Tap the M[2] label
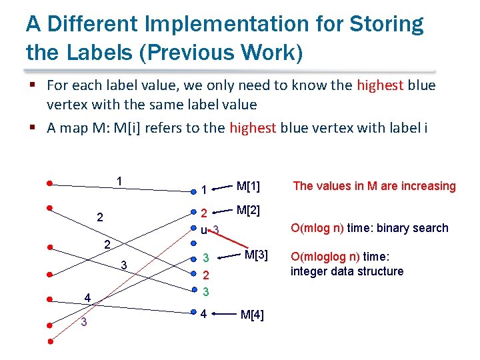248,211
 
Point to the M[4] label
252,315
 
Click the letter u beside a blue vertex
203,230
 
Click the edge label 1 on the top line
118,181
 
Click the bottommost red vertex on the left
50,342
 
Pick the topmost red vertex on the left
50,182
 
